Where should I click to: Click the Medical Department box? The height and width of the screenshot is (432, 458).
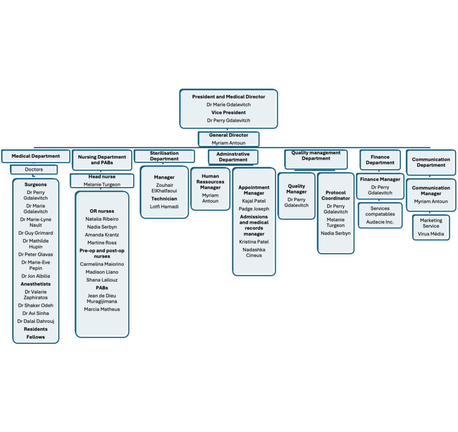[35, 156]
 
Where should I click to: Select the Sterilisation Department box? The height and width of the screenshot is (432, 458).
[164, 156]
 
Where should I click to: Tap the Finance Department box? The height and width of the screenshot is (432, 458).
[380, 160]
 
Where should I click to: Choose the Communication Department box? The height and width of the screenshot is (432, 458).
[431, 162]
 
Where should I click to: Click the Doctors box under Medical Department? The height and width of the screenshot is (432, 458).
[34, 169]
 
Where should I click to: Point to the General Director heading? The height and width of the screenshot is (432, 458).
[229, 135]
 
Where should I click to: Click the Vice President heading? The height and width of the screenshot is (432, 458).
[229, 113]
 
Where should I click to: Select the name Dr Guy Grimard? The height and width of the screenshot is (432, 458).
[35, 233]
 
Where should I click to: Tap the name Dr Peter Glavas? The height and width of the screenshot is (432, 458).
[35, 254]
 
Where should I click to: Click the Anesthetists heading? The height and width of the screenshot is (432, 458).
[35, 284]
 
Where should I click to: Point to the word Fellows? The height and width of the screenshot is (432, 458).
[35, 337]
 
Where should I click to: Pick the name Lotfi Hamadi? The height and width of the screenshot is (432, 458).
[164, 207]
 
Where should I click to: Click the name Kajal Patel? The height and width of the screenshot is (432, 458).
[254, 201]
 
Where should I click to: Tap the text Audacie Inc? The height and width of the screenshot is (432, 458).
[380, 222]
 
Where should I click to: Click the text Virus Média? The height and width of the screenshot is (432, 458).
[431, 233]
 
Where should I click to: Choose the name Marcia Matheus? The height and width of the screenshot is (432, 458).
[102, 309]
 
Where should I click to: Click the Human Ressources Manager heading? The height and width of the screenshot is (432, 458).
[210, 182]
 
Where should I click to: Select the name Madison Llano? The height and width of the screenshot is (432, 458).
[102, 272]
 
